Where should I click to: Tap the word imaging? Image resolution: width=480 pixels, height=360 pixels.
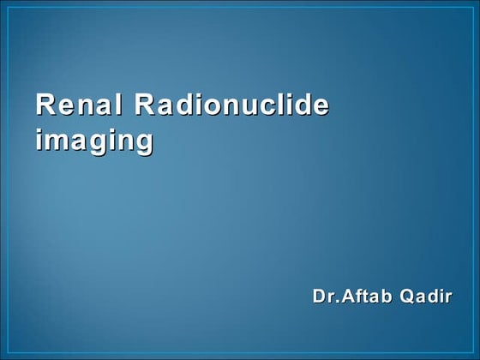pyautogui.click(x=93, y=139)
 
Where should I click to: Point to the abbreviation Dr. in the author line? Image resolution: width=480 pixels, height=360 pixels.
pyautogui.click(x=325, y=297)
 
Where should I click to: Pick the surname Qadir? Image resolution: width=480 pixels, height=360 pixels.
pyautogui.click(x=426, y=297)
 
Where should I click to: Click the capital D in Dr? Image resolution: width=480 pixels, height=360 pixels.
pyautogui.click(x=319, y=297)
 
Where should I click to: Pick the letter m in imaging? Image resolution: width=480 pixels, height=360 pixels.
pyautogui.click(x=57, y=141)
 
